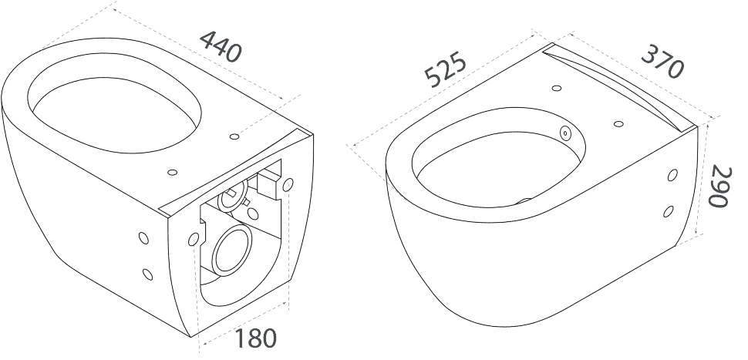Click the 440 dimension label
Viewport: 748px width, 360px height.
coord(221,46)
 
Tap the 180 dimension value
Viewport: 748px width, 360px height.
coord(255,338)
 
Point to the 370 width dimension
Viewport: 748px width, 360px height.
coord(662,62)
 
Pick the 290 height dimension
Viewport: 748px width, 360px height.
coord(719,187)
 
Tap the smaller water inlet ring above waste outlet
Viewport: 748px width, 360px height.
coord(234,194)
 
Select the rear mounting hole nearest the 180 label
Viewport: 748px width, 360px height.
coord(194,238)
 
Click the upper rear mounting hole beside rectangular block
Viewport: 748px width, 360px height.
coord(288,184)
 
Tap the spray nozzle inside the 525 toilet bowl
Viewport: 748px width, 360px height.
coord(566,133)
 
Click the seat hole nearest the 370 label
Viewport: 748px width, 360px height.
coord(618,124)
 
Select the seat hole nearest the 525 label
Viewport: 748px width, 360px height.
coord(556,88)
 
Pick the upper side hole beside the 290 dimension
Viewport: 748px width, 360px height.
coord(672,175)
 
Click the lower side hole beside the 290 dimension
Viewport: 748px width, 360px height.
coord(669,211)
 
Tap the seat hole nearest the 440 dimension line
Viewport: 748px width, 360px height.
coord(234,137)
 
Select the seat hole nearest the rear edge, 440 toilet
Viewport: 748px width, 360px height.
coord(173,172)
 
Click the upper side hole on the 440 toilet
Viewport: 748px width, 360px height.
coord(143,238)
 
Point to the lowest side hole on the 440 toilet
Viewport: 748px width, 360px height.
coord(148,274)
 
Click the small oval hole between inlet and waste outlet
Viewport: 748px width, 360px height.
coord(253,214)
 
